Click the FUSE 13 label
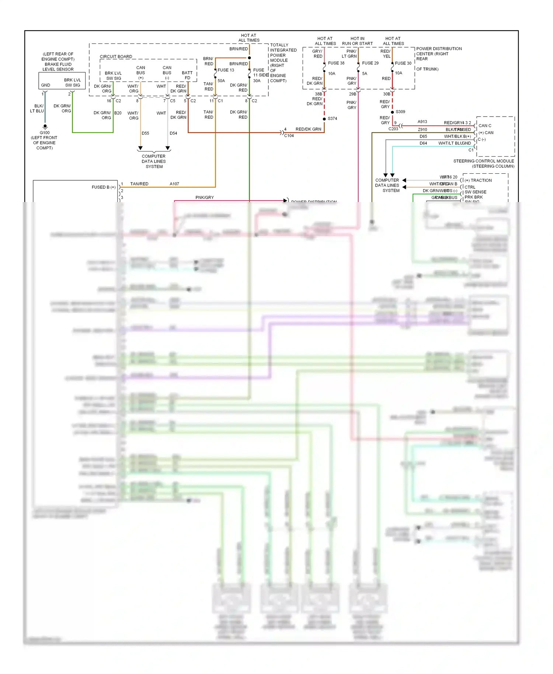[226, 70]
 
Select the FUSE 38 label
[336, 63]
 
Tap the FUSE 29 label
[370, 63]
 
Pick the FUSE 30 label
[403, 63]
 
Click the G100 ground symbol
[45, 127]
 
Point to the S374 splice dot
[324, 119]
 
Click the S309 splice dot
[392, 112]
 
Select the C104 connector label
[289, 136]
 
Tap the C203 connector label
[393, 129]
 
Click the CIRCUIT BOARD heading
[116, 57]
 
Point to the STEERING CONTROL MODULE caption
[483, 161]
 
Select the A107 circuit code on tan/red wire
[174, 184]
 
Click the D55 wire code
[145, 133]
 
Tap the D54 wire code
[173, 133]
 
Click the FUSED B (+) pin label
[104, 187]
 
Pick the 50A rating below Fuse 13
[221, 81]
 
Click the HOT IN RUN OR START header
[357, 41]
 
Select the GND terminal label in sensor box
[46, 85]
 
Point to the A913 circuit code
[422, 122]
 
